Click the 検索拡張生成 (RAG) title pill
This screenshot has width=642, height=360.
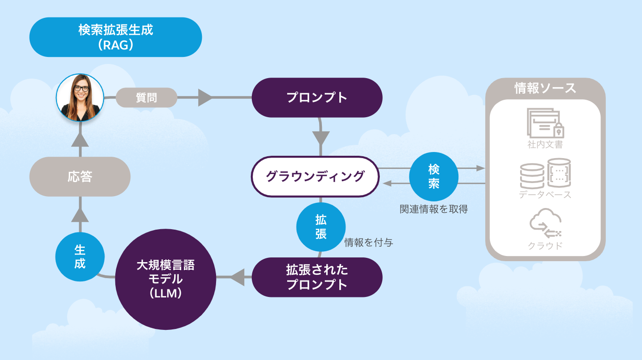(115, 37)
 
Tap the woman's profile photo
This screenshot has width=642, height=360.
(80, 97)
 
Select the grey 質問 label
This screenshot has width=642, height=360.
(146, 98)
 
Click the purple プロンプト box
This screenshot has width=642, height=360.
(317, 98)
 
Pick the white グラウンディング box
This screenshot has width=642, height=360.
(315, 176)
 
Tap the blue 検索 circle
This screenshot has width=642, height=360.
(433, 176)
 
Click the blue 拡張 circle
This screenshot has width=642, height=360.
(321, 227)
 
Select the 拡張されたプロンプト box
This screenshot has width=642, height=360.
(317, 277)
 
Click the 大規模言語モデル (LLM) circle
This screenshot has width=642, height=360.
(165, 279)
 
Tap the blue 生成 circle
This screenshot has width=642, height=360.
(80, 257)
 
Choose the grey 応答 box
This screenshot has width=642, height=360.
(80, 177)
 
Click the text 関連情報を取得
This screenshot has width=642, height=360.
(433, 209)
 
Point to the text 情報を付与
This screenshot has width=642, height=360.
(369, 243)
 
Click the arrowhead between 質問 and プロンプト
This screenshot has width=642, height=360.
(205, 98)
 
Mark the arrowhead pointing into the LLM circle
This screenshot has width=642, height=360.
(238, 277)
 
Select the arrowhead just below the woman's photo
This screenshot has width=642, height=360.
(80, 139)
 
